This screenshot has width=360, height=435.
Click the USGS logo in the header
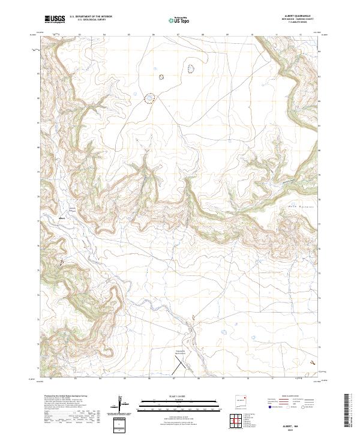pyautogui.click(x=55, y=20)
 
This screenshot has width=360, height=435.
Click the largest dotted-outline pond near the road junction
pyautogui.click(x=148, y=98)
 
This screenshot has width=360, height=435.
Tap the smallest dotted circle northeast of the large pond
pyautogui.click(x=161, y=77)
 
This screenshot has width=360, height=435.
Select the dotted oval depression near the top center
pyautogui.click(x=191, y=68)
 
